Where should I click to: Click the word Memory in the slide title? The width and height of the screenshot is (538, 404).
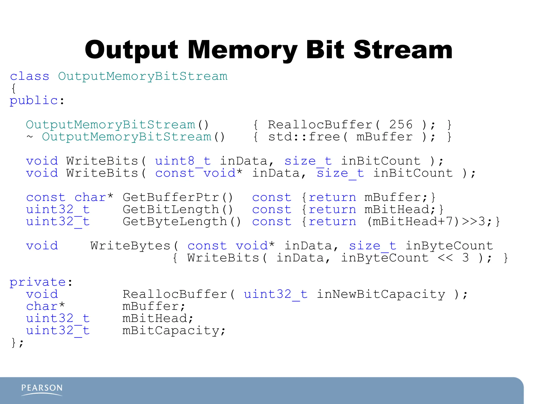point(242,50)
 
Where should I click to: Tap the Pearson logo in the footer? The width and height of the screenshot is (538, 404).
point(42,390)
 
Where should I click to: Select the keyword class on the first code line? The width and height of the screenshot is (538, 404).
point(29,76)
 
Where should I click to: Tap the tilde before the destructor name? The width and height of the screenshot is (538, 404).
point(30,137)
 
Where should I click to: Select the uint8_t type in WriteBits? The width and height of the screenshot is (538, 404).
point(183,161)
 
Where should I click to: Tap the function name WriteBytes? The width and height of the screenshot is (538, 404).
point(131,246)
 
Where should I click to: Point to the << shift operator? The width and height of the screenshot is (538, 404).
point(445,258)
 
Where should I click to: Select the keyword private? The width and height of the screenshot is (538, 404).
point(38,282)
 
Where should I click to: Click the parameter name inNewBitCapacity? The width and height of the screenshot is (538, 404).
point(381,294)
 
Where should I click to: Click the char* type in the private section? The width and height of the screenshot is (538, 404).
point(45,306)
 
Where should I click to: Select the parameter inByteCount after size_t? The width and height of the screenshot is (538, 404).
point(449,246)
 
